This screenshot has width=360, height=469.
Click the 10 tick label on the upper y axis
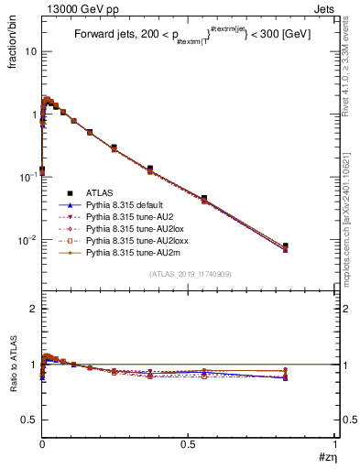[31, 51]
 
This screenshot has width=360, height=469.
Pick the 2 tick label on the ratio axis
[34, 310]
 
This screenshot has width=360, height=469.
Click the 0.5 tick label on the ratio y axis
[29, 420]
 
